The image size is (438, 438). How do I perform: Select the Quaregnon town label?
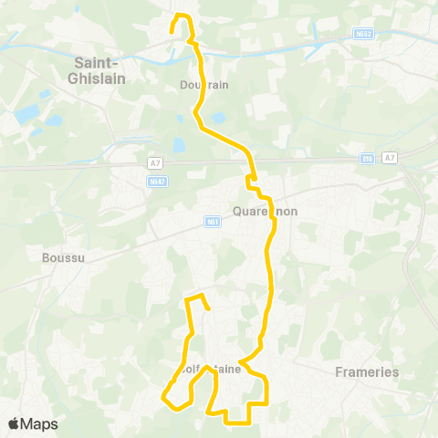tap(266, 211)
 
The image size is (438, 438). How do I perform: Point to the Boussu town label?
tap(63, 257)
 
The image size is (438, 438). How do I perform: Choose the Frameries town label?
tap(367, 371)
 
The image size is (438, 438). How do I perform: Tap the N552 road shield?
tap(363, 34)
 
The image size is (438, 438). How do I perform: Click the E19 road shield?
tap(368, 158)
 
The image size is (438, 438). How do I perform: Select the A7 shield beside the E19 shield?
tap(391, 158)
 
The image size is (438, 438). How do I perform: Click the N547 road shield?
tap(156, 181)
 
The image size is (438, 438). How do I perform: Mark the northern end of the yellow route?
tap(172, 32)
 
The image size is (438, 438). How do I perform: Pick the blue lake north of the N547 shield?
tap(177, 144)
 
